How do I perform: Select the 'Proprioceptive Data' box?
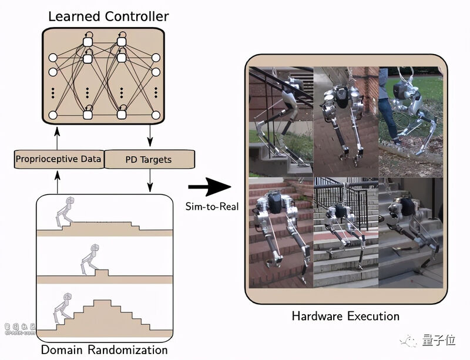tap(59, 159)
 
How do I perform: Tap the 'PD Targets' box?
tap(149, 159)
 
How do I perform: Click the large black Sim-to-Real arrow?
tap(208, 189)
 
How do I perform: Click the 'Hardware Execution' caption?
tap(345, 317)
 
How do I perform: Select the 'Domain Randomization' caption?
tap(105, 350)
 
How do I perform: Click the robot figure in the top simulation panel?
tap(66, 212)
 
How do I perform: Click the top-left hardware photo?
tap(281, 122)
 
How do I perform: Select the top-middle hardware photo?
tap(346, 122)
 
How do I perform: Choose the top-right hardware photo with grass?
tap(409, 122)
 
